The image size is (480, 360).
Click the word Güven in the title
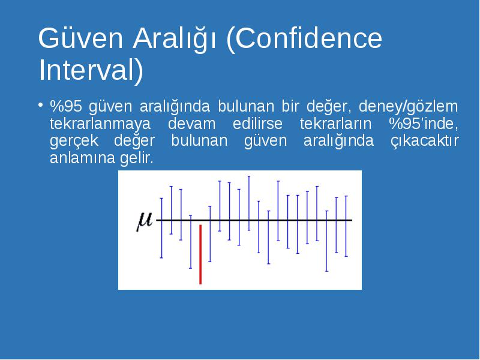click(x=80, y=38)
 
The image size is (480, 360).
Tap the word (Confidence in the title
click(x=304, y=38)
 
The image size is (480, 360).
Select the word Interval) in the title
click(x=91, y=71)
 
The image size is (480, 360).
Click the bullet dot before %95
click(x=40, y=105)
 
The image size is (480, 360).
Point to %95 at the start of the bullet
click(x=66, y=106)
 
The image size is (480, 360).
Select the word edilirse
click(x=257, y=124)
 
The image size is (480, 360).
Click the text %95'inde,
click(x=424, y=124)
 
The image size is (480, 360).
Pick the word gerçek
click(x=74, y=142)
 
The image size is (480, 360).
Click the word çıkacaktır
click(x=425, y=141)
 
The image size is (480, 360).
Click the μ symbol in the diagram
click(x=145, y=221)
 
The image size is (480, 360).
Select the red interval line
click(x=200, y=254)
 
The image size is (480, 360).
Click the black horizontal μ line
click(x=254, y=220)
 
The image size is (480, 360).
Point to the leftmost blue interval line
click(x=161, y=228)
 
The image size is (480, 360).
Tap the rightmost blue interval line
click(x=346, y=226)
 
